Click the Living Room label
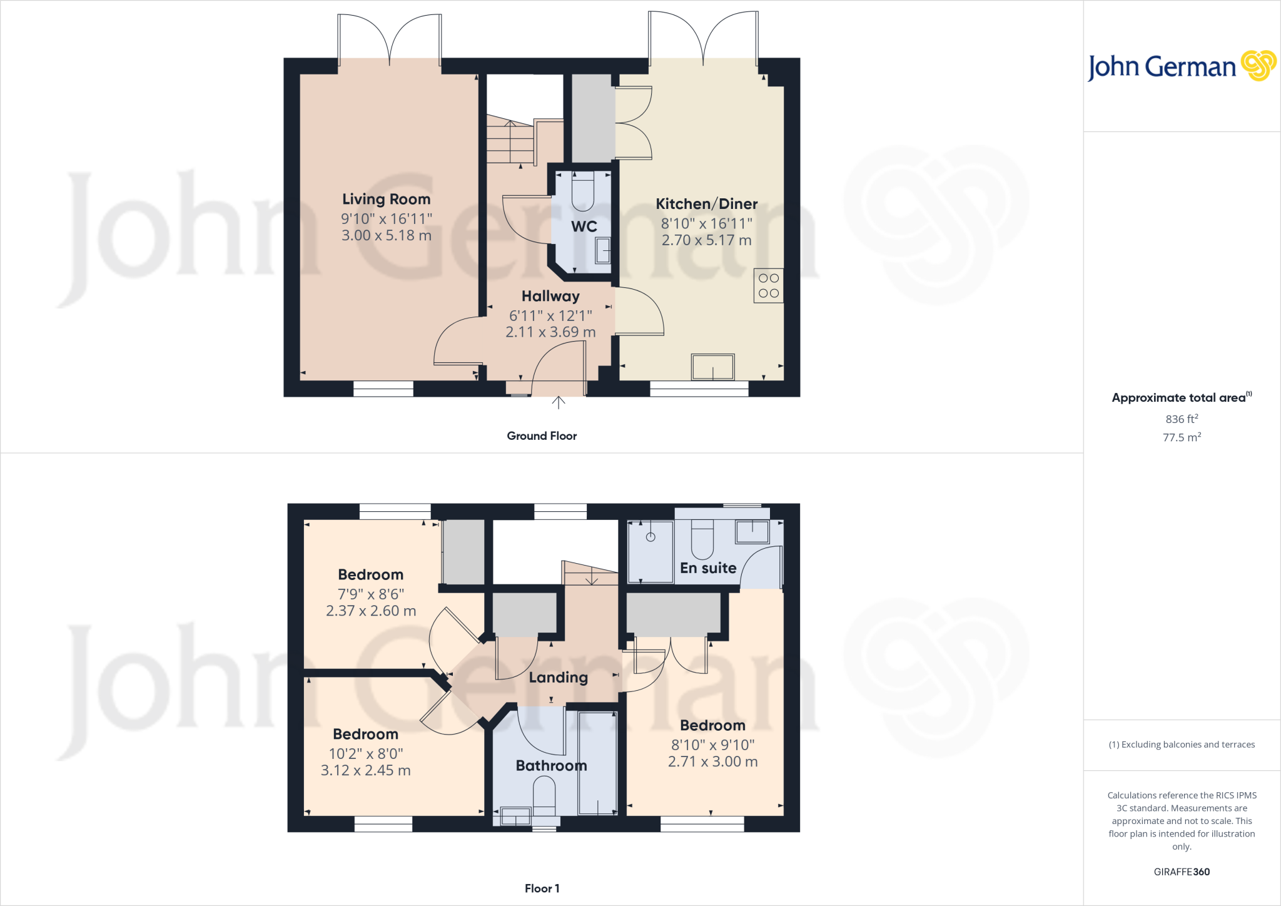click(x=386, y=199)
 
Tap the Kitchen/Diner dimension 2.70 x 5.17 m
click(x=706, y=240)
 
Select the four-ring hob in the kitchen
click(x=768, y=286)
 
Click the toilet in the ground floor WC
click(x=582, y=194)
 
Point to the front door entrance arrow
click(x=559, y=402)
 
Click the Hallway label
click(x=550, y=296)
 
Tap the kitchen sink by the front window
click(x=712, y=367)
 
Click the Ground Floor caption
click(x=542, y=436)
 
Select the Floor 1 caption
click(x=542, y=888)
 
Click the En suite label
click(x=708, y=568)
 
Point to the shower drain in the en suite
click(x=651, y=537)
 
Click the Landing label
click(x=558, y=678)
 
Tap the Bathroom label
click(x=551, y=766)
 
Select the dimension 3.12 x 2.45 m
click(x=365, y=771)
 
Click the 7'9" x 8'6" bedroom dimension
click(x=371, y=594)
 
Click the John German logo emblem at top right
click(x=1258, y=66)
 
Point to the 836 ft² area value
click(x=1182, y=419)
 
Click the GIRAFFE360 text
click(x=1182, y=872)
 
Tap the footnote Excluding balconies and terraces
click(x=1182, y=745)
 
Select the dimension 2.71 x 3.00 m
click(x=712, y=762)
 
